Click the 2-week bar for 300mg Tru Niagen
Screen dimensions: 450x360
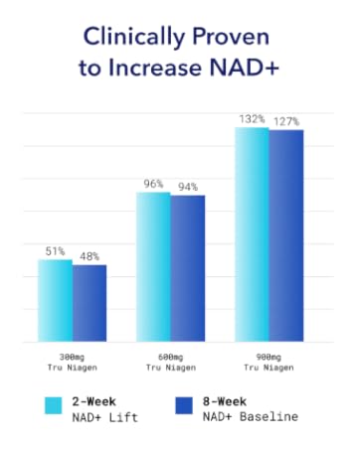56,301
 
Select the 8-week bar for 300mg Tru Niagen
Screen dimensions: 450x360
90,303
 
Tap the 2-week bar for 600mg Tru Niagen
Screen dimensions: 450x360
153,267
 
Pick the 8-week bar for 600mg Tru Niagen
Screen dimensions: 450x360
187,268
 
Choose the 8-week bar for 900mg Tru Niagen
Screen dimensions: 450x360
285,236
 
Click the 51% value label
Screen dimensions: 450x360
56,252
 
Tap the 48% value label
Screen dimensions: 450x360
90,256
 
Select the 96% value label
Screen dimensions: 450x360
153,184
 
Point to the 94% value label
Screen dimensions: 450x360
187,187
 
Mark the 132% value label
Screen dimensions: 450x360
251,118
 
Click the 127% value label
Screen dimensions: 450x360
286,122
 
